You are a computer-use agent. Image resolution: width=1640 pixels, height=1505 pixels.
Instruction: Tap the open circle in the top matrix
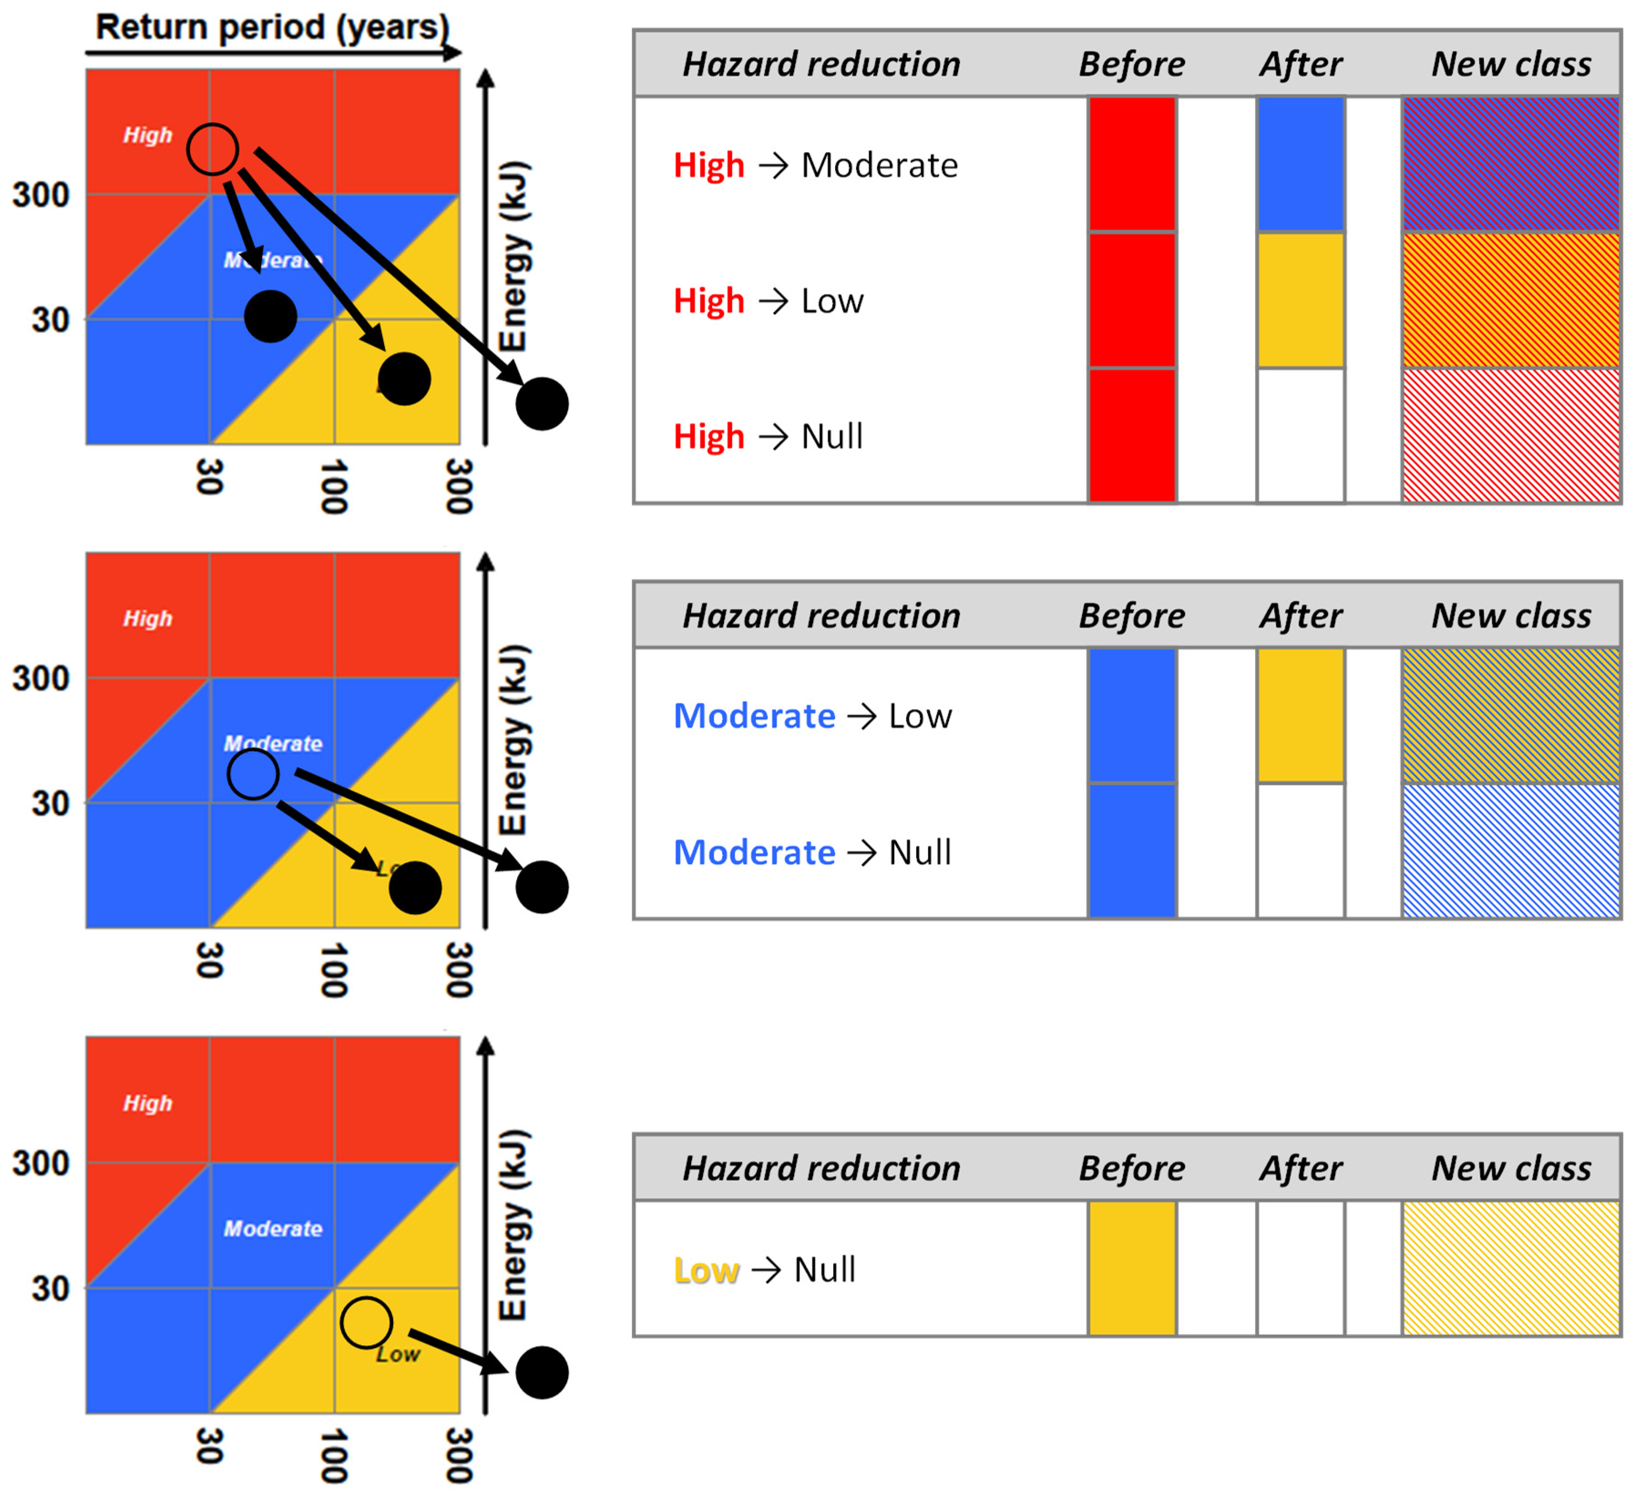tap(213, 149)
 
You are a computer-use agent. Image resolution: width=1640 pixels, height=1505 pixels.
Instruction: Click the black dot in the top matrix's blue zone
tap(270, 316)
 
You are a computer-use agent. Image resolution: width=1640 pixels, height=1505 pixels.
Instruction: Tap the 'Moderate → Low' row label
tap(812, 716)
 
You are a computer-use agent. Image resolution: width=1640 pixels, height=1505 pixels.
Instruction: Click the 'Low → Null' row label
tap(764, 1270)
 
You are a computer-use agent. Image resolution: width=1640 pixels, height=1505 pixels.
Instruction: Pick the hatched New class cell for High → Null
tap(1511, 436)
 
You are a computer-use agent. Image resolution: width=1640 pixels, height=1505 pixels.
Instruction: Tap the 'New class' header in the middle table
tap(1511, 616)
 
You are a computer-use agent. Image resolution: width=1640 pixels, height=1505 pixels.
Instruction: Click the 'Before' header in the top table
tap(1132, 63)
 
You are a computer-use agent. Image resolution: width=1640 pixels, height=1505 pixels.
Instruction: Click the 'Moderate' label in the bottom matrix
tap(273, 1228)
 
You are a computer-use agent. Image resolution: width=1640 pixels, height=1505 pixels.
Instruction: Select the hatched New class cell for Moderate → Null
tap(1511, 851)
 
